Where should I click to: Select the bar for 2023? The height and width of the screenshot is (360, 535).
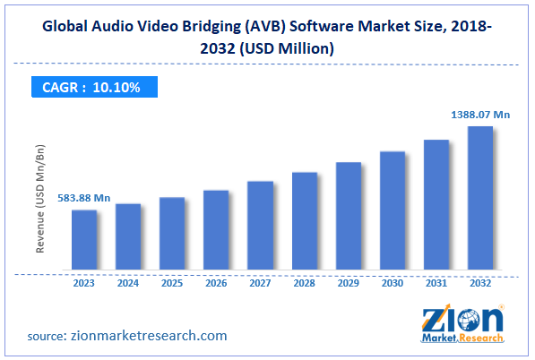pos(84,240)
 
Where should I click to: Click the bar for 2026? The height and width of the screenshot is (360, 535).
pos(216,230)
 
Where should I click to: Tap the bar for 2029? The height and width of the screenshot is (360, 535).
pos(348,216)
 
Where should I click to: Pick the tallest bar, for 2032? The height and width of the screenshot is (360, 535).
pos(480,198)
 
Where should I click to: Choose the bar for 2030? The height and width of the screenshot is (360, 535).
pos(392,210)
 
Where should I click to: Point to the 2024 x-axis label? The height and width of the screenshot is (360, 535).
pos(128,283)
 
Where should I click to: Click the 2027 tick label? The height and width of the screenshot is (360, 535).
pos(260,283)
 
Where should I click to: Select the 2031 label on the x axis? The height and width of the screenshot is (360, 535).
pos(436,283)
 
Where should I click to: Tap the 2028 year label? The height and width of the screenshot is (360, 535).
pos(304,283)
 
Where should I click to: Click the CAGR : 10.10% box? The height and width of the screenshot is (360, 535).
pos(89,87)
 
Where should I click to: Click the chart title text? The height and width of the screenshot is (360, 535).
pos(267,38)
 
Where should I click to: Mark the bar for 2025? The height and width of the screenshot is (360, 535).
pos(172,234)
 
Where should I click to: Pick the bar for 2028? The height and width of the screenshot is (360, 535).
pos(304,221)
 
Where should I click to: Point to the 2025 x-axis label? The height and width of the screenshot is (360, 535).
pos(172,283)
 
